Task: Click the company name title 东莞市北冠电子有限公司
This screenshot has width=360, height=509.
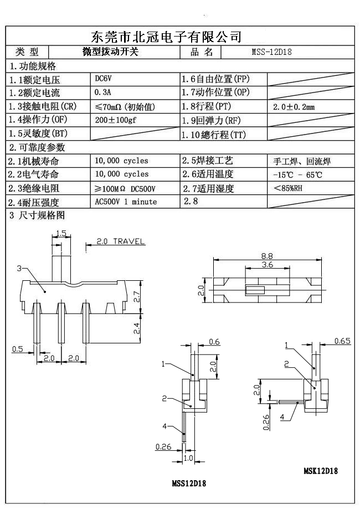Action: point(166,37)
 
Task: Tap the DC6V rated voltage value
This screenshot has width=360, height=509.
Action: point(104,79)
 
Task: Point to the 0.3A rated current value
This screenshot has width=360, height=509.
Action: point(104,92)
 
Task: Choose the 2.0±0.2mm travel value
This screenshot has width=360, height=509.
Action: point(294,106)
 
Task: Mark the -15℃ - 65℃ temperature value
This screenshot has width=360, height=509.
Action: point(297,174)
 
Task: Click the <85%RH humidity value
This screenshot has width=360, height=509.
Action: point(288,188)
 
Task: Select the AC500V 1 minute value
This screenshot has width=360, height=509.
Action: point(126,202)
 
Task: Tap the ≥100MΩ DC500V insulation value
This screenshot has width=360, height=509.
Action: point(125,188)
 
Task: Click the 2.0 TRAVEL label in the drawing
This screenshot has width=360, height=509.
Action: point(120,241)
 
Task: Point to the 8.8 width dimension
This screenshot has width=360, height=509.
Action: point(267,255)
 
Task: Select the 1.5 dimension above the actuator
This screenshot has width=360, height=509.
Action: point(61,234)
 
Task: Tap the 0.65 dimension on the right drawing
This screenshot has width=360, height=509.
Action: point(342,341)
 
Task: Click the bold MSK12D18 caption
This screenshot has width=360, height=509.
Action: point(321,471)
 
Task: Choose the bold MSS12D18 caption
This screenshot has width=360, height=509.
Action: point(189,483)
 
